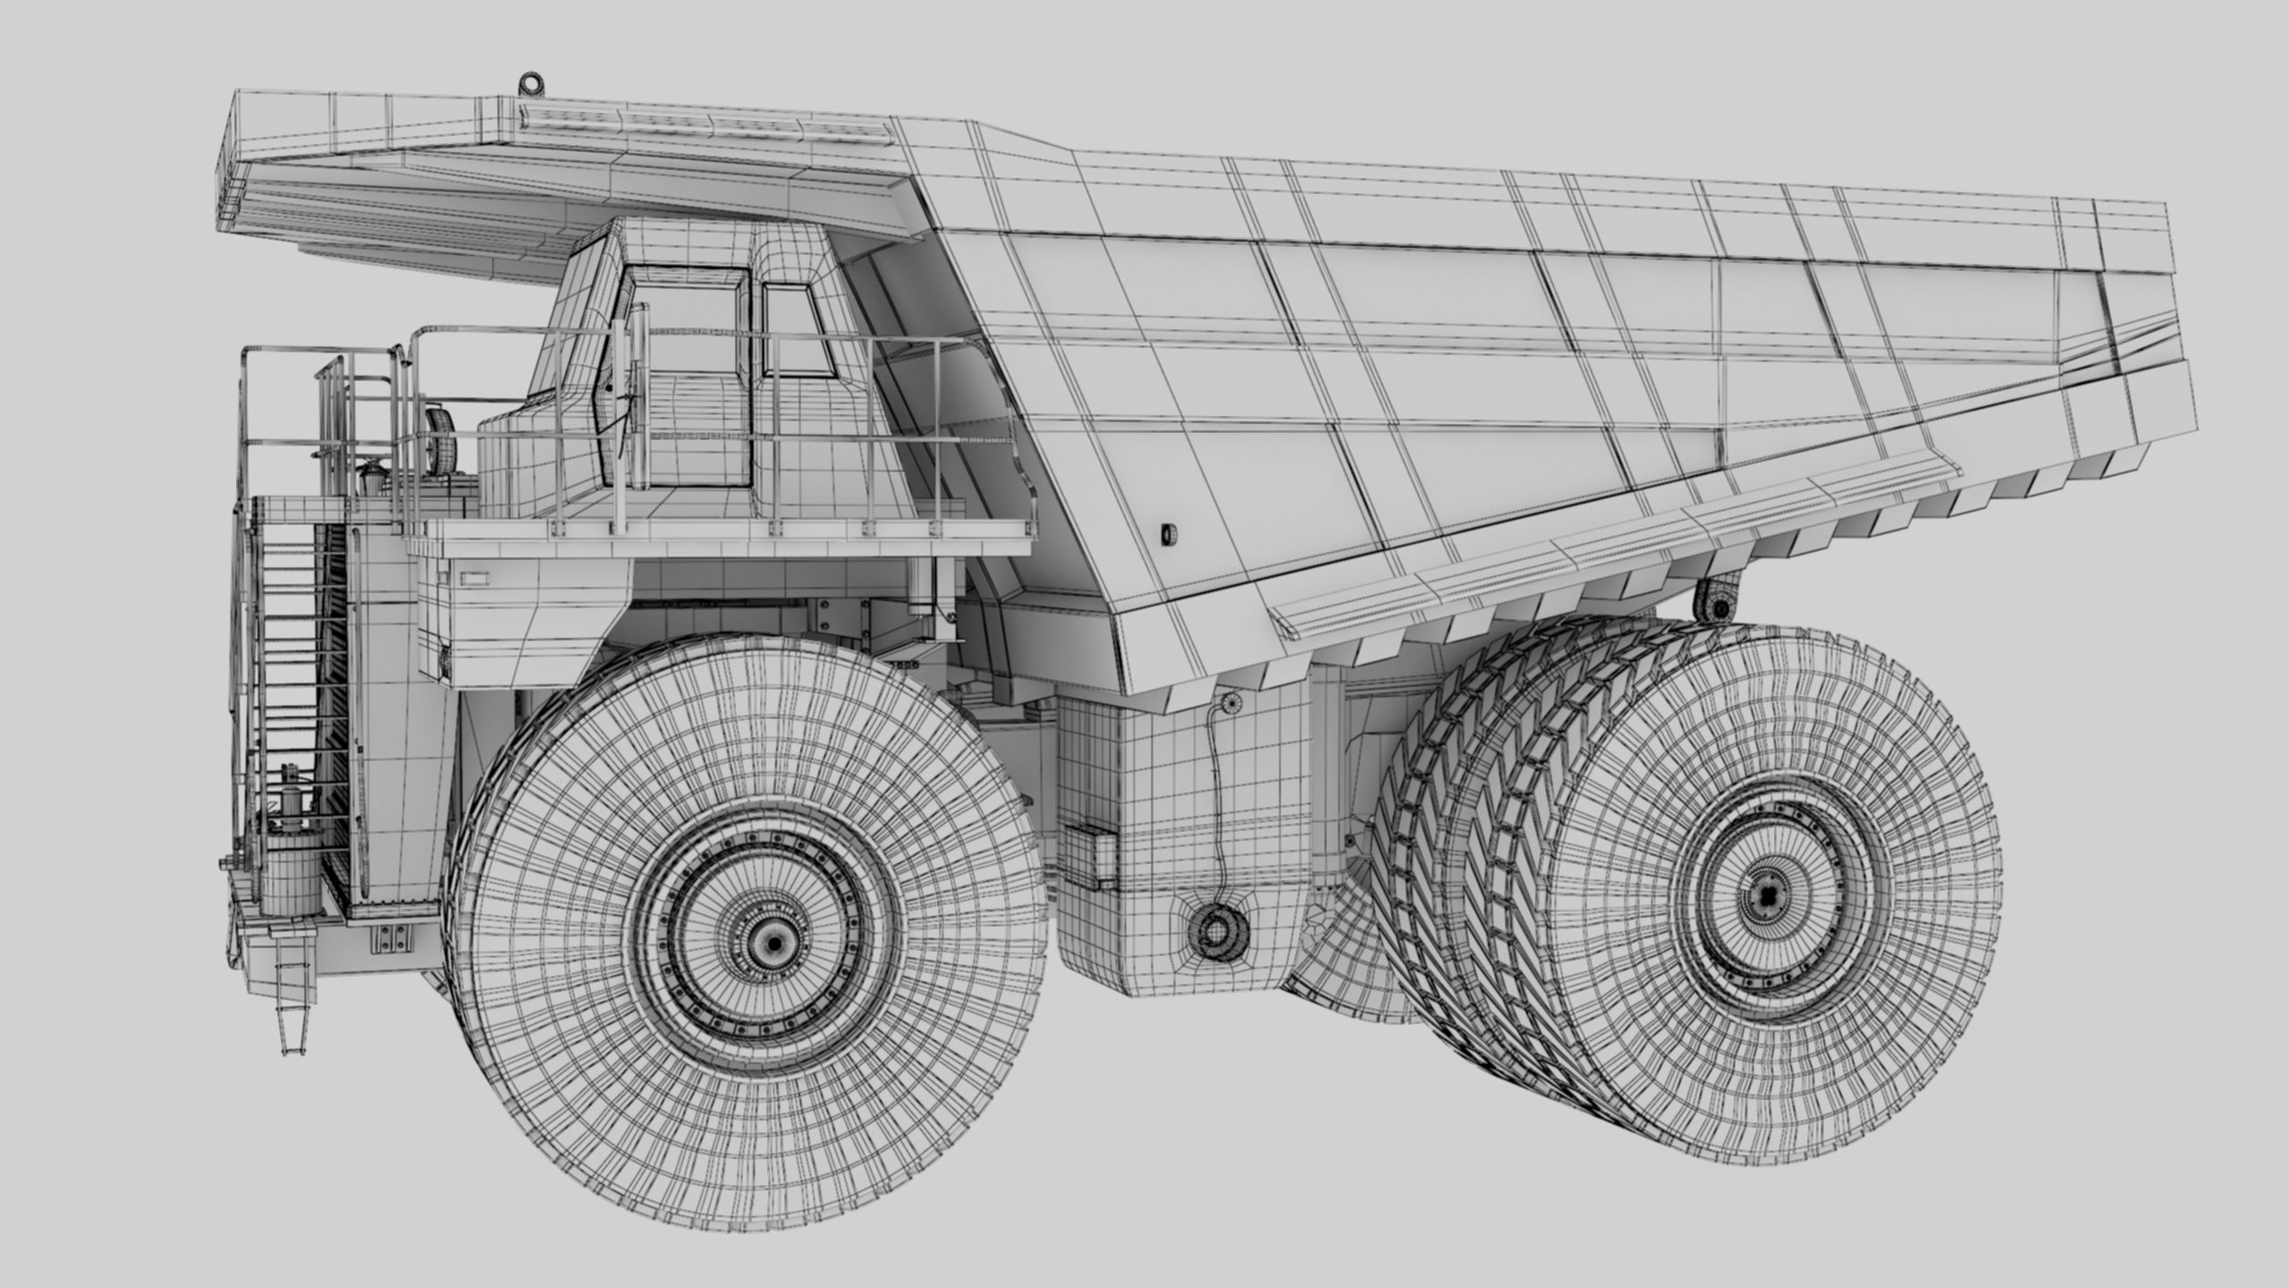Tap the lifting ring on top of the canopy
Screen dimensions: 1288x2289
point(533,83)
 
